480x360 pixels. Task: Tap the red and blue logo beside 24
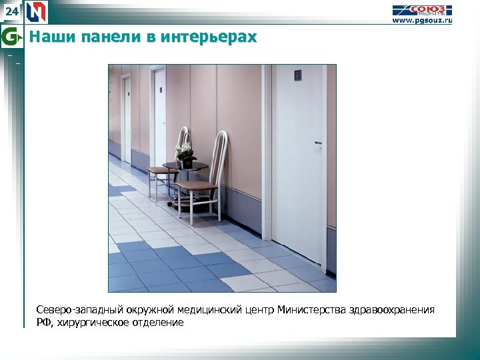coord(37,12)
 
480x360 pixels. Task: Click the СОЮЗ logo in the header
coord(421,10)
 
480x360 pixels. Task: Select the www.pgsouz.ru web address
coord(421,21)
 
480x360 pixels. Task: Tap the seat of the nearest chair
coord(194,186)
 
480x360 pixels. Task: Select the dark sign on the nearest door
coord(298,76)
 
